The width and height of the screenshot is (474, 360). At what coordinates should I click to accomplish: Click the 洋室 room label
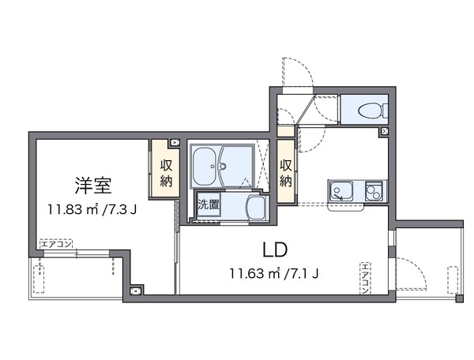93,186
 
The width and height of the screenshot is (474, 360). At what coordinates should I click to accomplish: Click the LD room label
275,250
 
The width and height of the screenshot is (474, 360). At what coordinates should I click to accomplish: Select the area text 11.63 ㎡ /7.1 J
275,274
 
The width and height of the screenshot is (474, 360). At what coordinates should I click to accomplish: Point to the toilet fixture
365,110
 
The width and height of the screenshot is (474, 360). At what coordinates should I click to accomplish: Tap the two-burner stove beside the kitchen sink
374,190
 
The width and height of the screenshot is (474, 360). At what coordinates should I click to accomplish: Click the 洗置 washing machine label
209,204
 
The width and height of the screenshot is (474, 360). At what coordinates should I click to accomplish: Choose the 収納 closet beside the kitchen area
286,172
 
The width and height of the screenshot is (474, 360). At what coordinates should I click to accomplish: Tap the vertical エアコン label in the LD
366,279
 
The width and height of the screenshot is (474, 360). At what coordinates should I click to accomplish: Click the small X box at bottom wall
135,291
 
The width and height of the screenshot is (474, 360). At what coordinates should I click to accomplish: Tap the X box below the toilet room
384,131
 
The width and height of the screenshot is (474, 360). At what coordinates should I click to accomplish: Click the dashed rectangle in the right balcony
453,280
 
